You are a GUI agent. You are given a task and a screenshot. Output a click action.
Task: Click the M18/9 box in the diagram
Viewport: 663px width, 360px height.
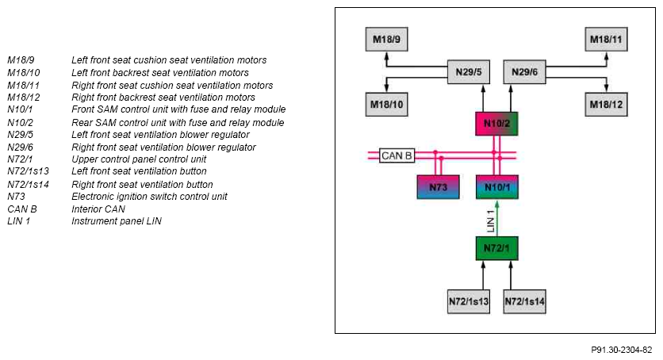(386, 40)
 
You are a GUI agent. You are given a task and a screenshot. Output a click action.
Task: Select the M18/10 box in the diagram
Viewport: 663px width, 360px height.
(386, 105)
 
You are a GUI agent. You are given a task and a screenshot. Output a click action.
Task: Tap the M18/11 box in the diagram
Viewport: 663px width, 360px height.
(606, 40)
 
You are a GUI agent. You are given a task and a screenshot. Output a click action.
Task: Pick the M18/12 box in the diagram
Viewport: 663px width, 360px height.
(606, 105)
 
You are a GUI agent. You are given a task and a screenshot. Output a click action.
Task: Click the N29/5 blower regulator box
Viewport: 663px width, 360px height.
(469, 72)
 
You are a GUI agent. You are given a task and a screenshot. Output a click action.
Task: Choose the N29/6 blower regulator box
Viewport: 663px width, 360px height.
(524, 72)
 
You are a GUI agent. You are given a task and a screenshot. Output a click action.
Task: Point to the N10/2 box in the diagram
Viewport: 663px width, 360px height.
(496, 124)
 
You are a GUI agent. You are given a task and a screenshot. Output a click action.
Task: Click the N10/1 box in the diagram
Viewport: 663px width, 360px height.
(496, 187)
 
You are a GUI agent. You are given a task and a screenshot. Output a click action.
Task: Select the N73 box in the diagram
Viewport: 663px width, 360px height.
(438, 187)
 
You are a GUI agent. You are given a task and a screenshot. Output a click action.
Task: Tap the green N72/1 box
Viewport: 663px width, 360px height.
(496, 248)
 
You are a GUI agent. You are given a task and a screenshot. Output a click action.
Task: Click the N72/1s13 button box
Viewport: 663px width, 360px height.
(469, 301)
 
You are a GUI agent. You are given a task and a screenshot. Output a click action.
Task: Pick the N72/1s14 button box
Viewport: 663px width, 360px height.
(524, 301)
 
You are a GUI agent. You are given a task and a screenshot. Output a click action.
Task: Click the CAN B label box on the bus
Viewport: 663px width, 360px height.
(397, 155)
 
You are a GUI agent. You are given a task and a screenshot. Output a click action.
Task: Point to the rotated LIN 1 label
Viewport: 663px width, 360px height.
(490, 221)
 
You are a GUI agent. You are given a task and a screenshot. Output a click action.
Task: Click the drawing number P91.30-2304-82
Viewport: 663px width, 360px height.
(621, 350)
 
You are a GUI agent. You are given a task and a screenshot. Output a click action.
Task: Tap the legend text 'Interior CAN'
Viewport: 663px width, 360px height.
(98, 209)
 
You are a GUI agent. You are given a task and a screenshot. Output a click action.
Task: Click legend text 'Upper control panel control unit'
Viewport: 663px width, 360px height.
(139, 159)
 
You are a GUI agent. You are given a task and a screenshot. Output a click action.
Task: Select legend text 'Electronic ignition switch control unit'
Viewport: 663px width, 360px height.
(149, 197)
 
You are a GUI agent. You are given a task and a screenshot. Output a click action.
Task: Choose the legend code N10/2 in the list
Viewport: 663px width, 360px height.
(20, 123)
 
